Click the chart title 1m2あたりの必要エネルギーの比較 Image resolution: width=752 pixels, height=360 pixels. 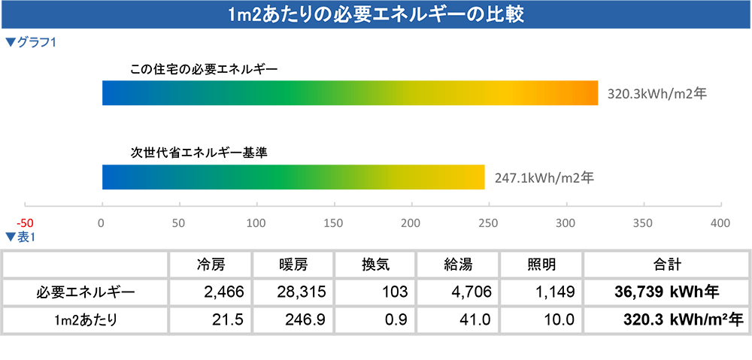(375, 14)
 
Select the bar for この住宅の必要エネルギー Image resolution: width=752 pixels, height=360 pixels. (350, 93)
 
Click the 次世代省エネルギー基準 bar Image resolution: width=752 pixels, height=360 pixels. (293, 177)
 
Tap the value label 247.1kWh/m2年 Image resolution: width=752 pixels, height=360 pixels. (544, 178)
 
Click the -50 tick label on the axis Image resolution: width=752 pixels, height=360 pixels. (26, 222)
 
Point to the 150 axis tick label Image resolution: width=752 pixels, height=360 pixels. (333, 222)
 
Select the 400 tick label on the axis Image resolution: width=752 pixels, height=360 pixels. (720, 222)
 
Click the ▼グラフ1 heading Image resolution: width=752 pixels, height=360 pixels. (31, 43)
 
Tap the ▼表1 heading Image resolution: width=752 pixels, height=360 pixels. (20, 237)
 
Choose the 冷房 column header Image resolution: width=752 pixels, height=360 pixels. (210, 265)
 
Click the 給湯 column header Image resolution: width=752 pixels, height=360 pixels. (457, 265)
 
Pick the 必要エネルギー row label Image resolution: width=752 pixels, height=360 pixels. (85, 292)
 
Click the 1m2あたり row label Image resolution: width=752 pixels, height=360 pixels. (85, 319)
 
